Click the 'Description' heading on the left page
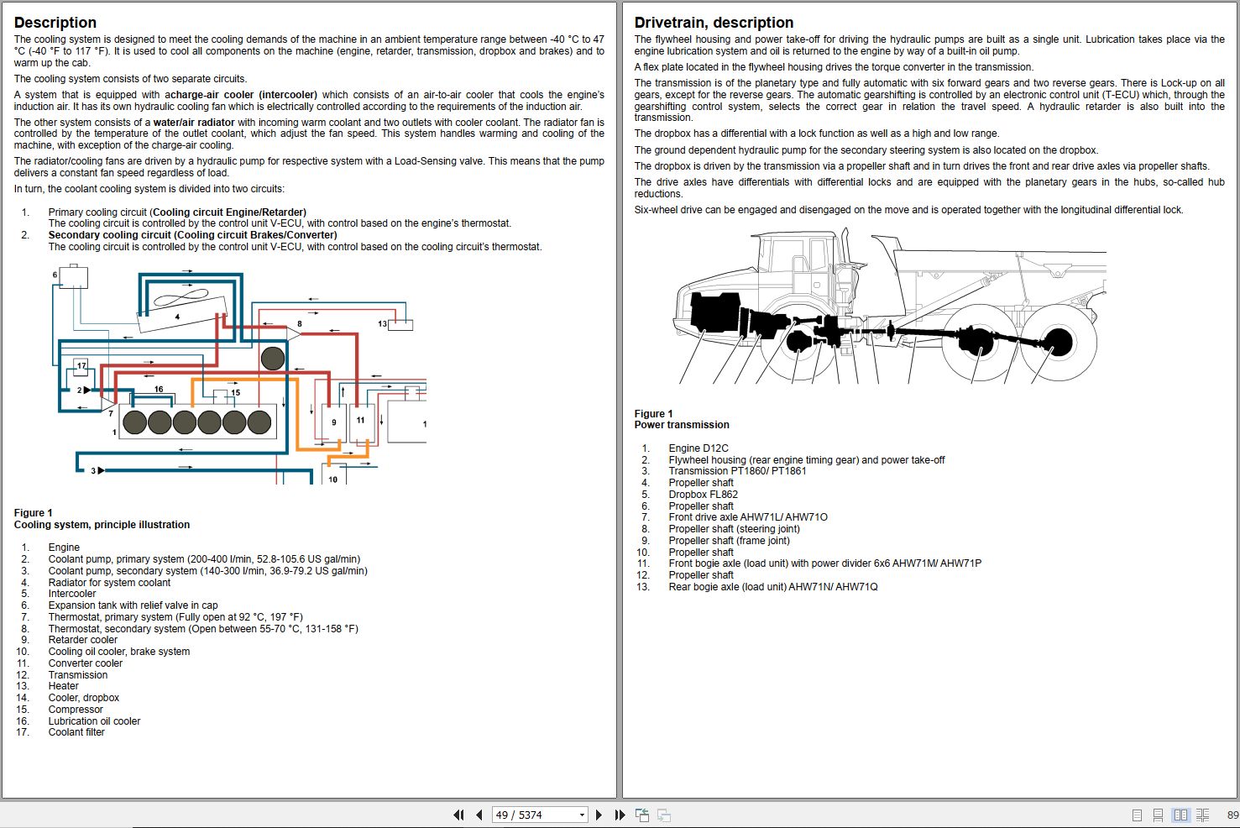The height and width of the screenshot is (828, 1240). [55, 23]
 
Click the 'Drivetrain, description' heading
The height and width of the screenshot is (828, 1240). [714, 23]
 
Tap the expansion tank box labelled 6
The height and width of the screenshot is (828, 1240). [73, 276]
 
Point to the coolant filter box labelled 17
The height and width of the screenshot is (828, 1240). [81, 365]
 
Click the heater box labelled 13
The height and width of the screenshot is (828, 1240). [400, 325]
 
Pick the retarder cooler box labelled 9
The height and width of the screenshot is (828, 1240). [333, 422]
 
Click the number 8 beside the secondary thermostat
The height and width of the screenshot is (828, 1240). [300, 323]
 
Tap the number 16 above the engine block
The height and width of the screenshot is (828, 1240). [159, 389]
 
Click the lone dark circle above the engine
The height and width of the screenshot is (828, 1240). [273, 359]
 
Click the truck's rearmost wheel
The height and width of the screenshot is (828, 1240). [1059, 343]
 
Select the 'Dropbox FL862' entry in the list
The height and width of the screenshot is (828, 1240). [703, 495]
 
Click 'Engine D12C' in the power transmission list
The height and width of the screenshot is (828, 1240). [698, 448]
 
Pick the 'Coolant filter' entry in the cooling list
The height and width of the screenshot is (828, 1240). [76, 732]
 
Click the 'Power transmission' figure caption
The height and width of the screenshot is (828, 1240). [682, 425]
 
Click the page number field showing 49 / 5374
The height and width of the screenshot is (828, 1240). [534, 815]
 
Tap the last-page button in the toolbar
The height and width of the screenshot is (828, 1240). [620, 815]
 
